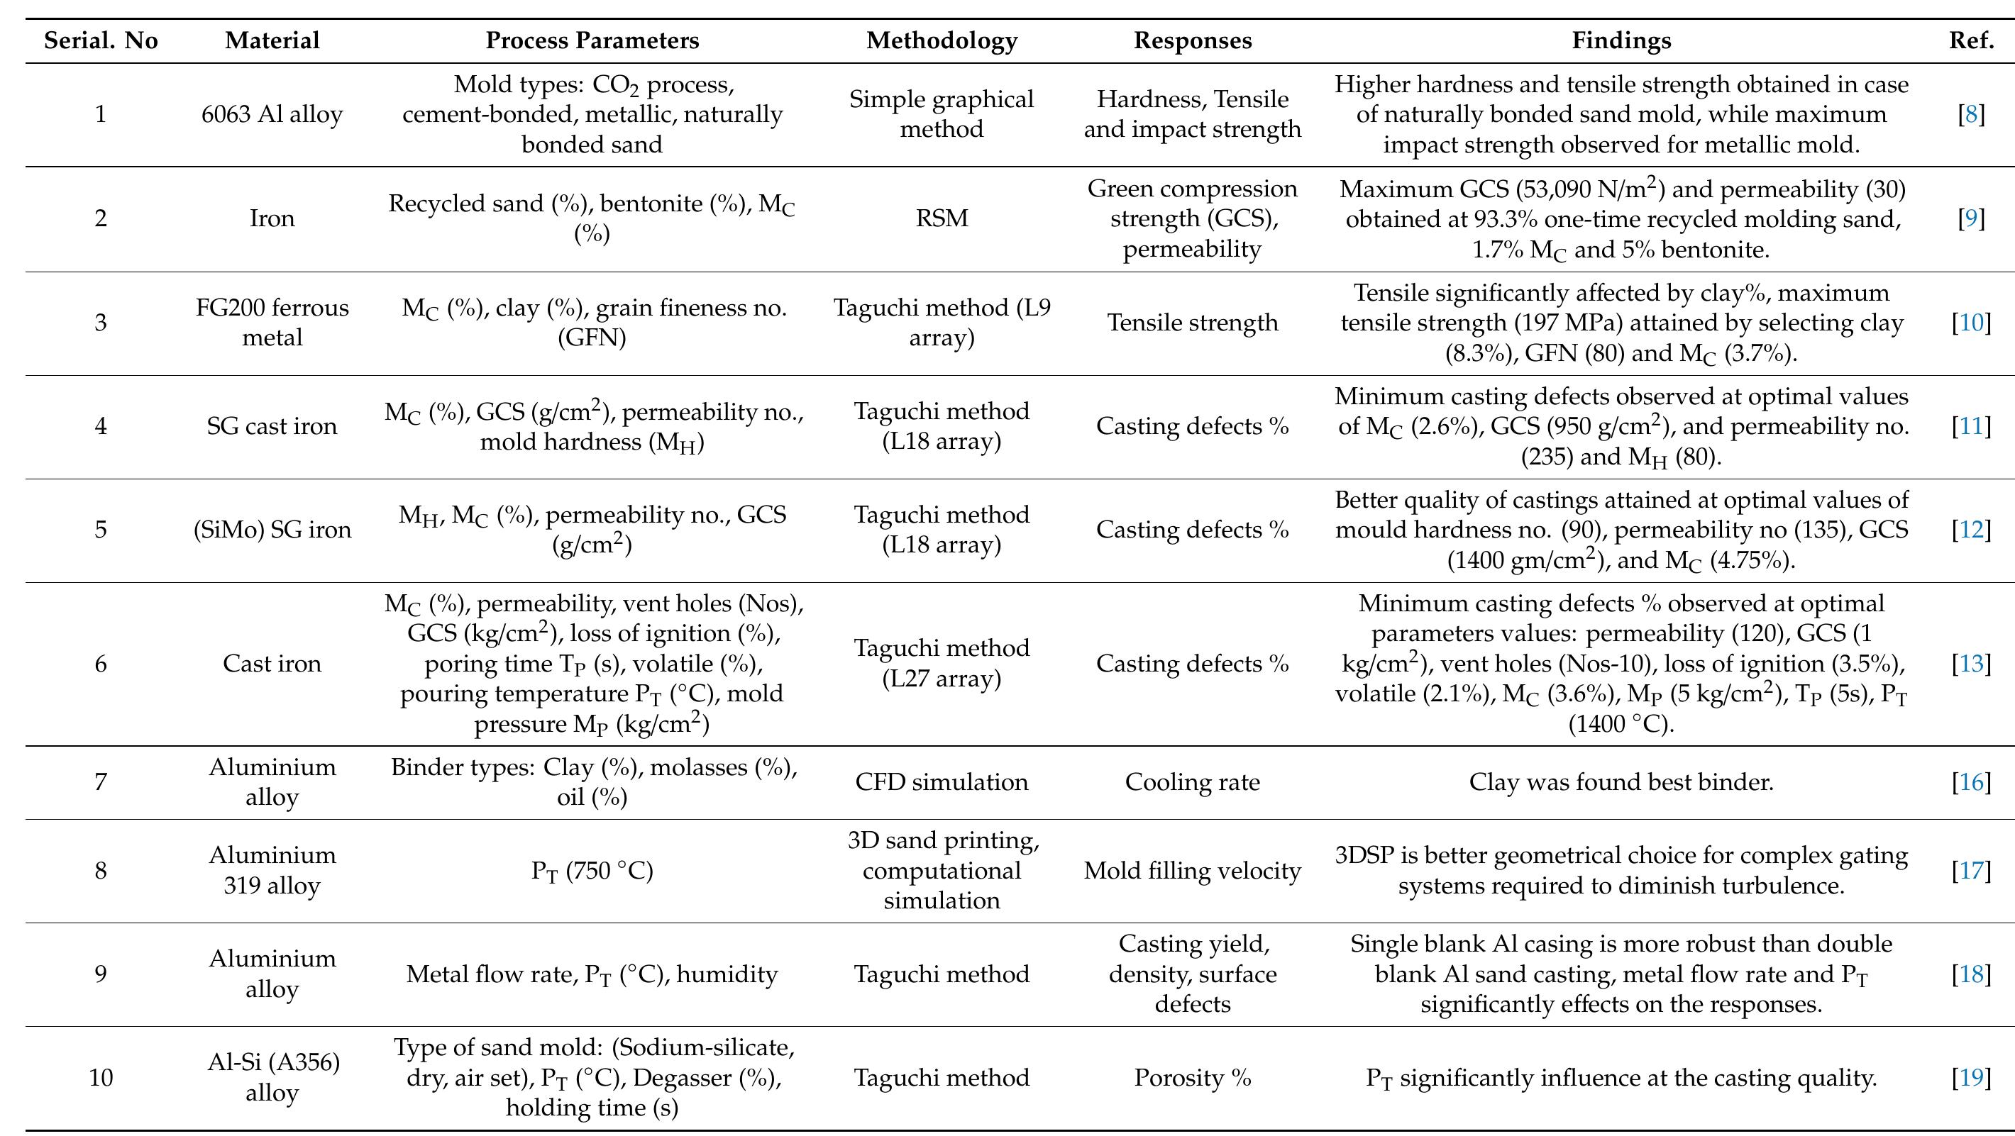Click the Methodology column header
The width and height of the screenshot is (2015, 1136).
(x=942, y=40)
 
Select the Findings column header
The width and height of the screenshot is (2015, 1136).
(x=1621, y=40)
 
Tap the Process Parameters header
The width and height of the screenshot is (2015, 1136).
(x=592, y=40)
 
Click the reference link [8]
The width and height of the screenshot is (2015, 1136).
(x=1971, y=114)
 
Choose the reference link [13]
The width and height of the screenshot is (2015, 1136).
(x=1971, y=663)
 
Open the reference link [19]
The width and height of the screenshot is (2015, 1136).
(x=1971, y=1077)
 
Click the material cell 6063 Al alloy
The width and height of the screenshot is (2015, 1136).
(x=272, y=115)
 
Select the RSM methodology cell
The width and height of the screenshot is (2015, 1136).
(x=942, y=218)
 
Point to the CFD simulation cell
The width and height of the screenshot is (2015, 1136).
(x=942, y=782)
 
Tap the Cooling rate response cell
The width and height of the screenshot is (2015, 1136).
(x=1192, y=782)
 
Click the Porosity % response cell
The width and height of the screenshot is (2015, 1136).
(x=1192, y=1077)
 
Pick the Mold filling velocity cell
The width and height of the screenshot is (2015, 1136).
(x=1192, y=870)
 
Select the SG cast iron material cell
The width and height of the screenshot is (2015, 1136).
(x=272, y=426)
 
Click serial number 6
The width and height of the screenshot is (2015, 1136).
(x=101, y=664)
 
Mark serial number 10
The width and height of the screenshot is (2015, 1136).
(x=101, y=1077)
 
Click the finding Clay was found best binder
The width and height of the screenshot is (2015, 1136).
(x=1621, y=782)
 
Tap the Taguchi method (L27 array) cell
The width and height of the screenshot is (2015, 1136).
(x=942, y=663)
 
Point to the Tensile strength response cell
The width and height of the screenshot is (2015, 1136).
(x=1192, y=322)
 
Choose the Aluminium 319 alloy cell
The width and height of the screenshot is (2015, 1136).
(x=272, y=870)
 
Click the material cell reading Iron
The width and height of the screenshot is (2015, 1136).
(x=272, y=218)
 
